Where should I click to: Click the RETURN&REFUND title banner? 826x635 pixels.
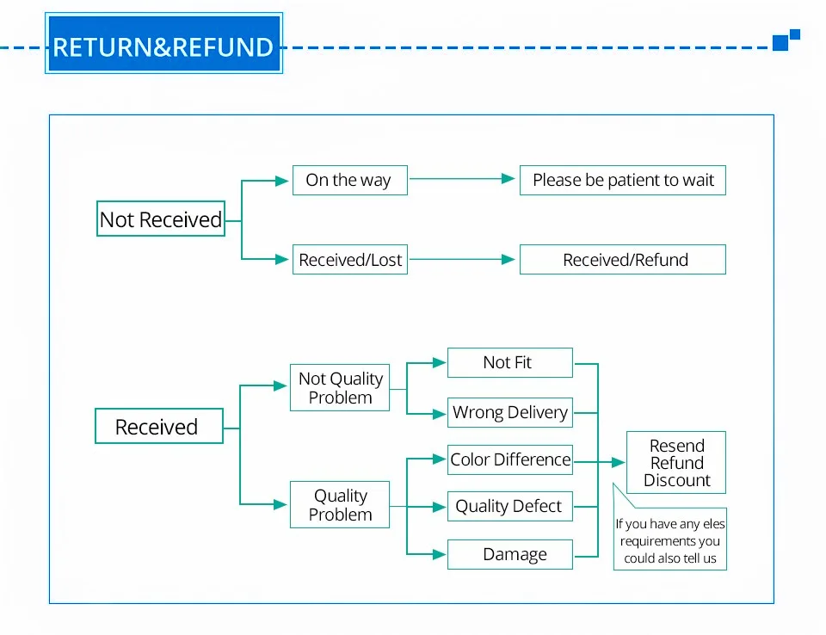click(163, 43)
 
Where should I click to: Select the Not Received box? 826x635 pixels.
click(161, 219)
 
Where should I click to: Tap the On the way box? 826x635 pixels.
click(350, 180)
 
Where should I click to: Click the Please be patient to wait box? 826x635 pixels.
click(623, 180)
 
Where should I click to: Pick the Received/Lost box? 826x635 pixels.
click(350, 259)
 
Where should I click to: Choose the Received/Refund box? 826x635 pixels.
click(623, 259)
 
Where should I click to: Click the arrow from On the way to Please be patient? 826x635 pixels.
click(462, 179)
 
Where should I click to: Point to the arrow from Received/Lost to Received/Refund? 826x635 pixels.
click(462, 259)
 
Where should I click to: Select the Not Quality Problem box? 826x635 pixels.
click(340, 387)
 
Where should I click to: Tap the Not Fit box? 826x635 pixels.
click(510, 362)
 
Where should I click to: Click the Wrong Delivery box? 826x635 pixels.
click(510, 413)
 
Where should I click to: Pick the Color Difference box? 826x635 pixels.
click(510, 460)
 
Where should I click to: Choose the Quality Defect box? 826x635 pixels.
click(510, 507)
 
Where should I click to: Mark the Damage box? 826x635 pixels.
click(510, 554)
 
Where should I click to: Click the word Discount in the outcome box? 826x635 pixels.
click(677, 480)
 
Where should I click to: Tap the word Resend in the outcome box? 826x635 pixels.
click(677, 446)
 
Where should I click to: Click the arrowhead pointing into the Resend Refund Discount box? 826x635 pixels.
click(619, 462)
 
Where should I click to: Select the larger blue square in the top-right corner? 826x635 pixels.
click(780, 43)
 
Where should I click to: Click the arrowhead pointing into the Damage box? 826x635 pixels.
click(440, 554)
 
